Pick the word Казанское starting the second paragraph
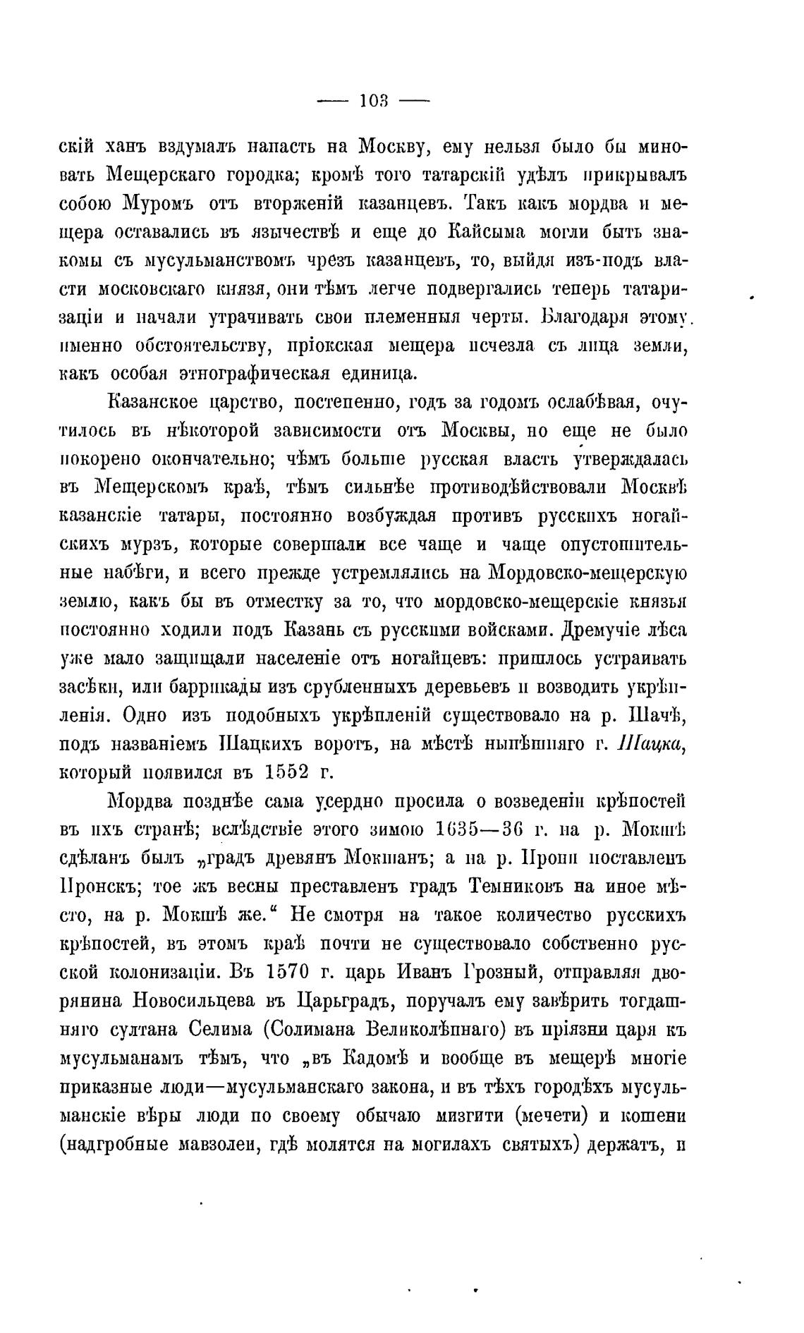154,402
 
